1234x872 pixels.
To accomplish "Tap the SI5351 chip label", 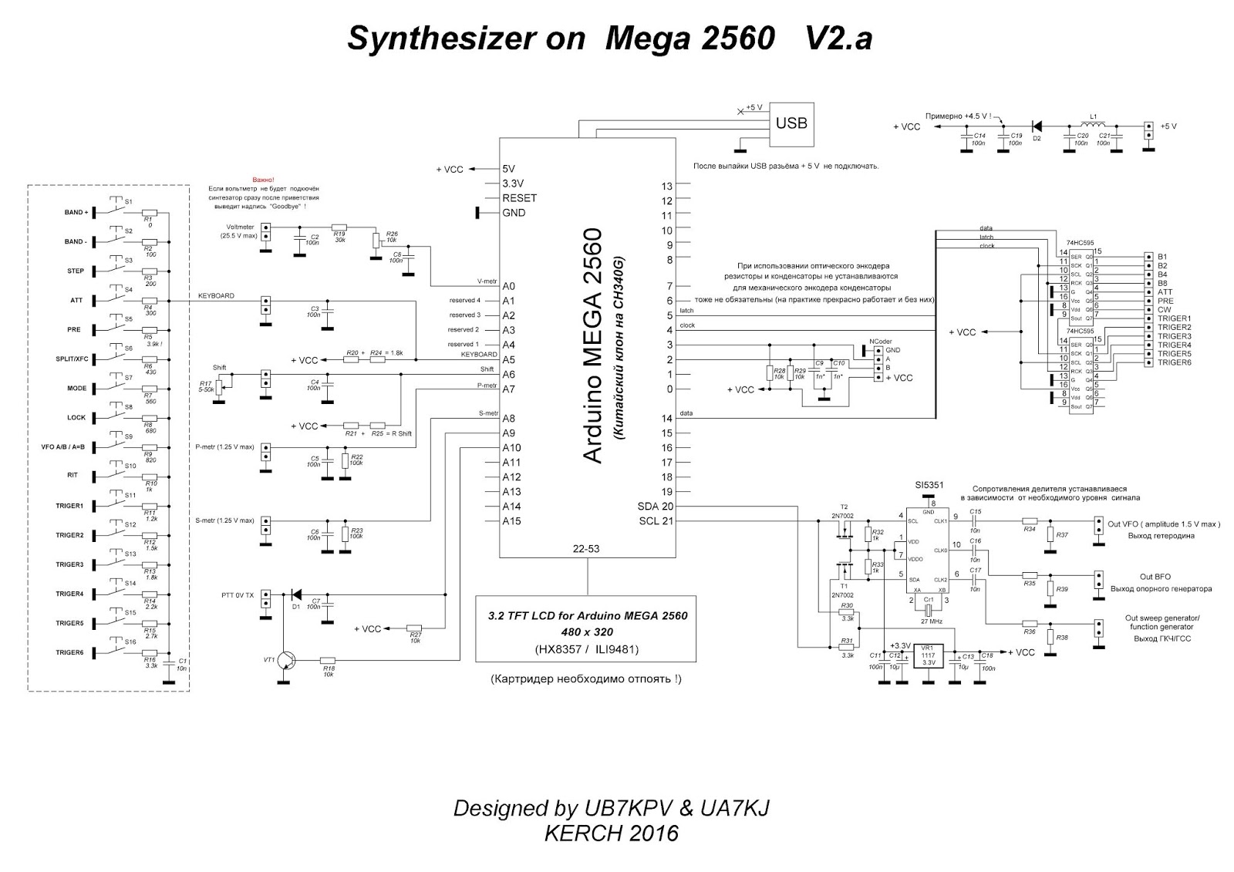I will [x=929, y=486].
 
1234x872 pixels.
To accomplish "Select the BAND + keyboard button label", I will [x=76, y=212].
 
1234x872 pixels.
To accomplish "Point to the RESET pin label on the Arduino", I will [x=519, y=198].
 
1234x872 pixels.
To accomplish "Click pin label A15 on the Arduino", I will [x=511, y=521].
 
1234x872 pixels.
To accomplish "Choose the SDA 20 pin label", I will [x=655, y=507].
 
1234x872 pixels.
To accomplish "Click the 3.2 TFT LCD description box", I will [x=586, y=628].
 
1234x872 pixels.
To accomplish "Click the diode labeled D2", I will [x=1037, y=126].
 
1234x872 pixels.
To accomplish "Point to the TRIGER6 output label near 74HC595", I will [x=1174, y=362].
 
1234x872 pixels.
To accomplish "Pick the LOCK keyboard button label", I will [x=76, y=418].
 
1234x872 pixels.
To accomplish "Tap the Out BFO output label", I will [x=1155, y=577].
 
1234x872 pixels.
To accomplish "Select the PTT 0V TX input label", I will [x=238, y=595].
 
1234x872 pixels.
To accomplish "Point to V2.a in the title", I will [x=838, y=39].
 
